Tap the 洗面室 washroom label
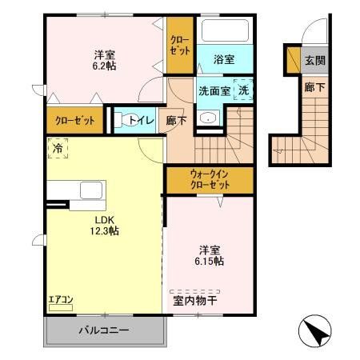pos(214,90)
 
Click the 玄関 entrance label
pos(314,61)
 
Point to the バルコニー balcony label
pos(104,330)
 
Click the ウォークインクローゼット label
pos(210,178)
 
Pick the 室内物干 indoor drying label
pos(195,301)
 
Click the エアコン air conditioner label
pos(61,300)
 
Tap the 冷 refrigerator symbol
pos(58,147)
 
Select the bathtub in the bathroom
pos(224,33)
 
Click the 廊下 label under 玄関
pos(314,87)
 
